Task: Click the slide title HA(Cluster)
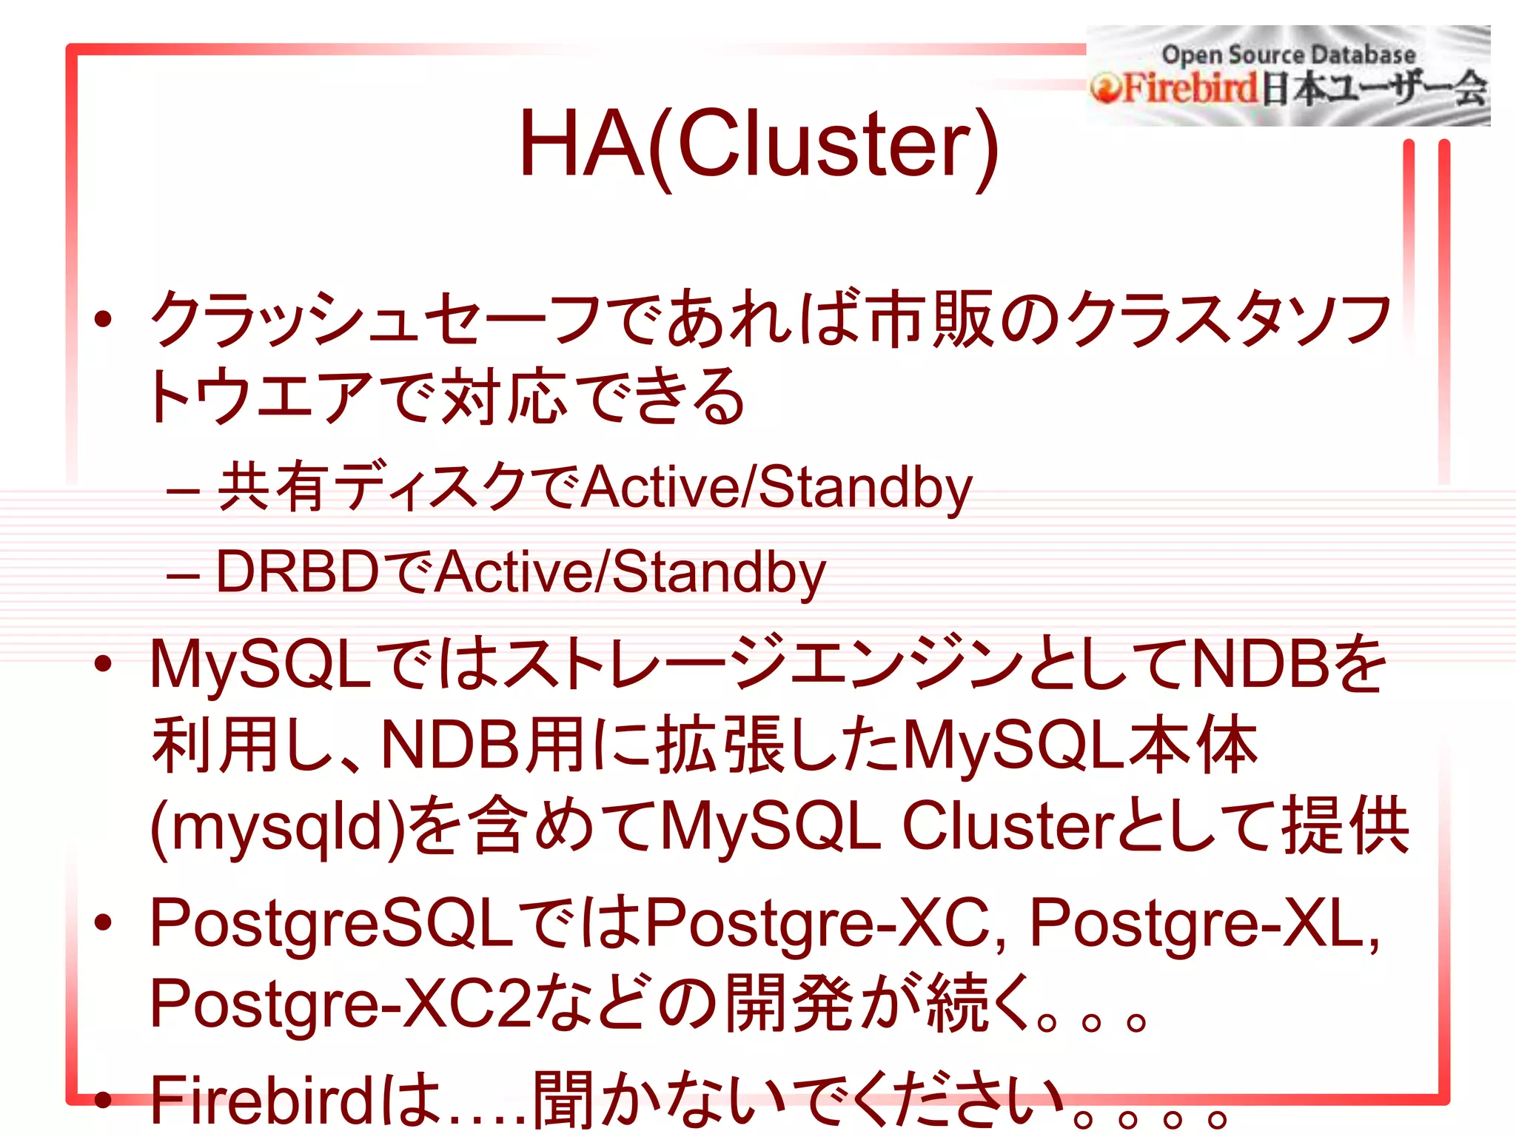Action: coord(758,144)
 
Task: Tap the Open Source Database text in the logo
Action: coord(1288,54)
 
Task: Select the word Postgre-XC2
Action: coord(341,1004)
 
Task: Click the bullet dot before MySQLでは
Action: coord(103,663)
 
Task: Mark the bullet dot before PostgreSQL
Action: coord(103,922)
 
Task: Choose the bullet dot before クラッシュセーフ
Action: coord(103,319)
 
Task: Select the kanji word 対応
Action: coord(503,398)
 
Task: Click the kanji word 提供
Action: coord(1345,825)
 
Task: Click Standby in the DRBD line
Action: coord(718,572)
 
